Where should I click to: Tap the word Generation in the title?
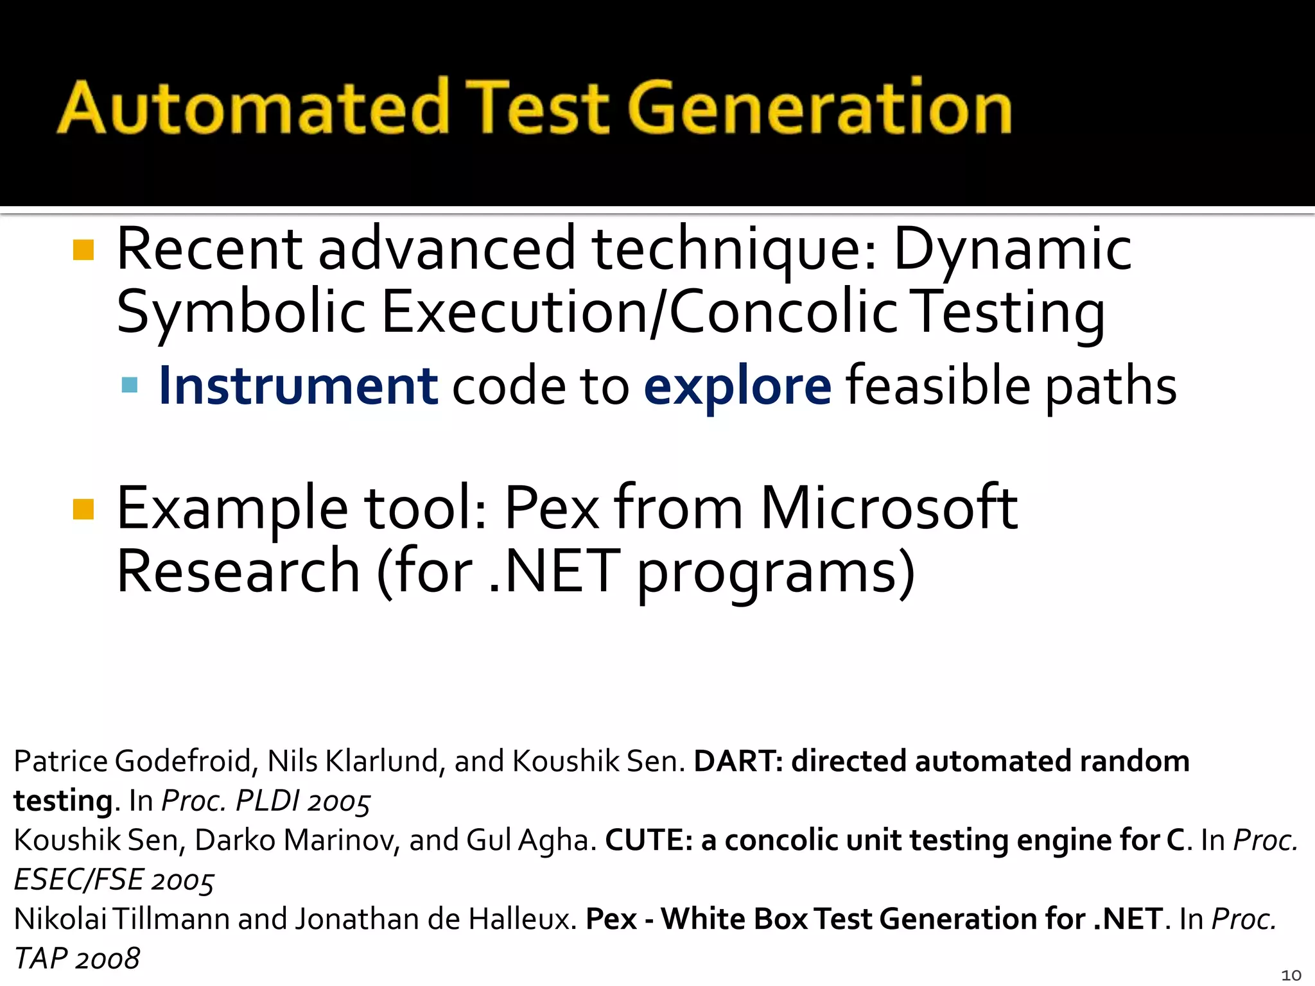[820, 108]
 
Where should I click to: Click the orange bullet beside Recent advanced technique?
[83, 250]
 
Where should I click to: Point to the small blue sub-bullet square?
[130, 385]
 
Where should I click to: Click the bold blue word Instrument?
[298, 386]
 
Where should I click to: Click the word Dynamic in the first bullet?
[1012, 250]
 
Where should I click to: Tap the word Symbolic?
[241, 313]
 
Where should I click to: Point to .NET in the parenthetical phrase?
[554, 571]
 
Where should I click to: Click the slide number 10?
[1291, 975]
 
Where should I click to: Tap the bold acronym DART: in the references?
[738, 761]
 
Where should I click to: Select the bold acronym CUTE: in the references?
[649, 840]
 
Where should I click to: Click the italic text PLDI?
[267, 801]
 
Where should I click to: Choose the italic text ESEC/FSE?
[78, 880]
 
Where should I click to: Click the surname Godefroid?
[186, 761]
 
